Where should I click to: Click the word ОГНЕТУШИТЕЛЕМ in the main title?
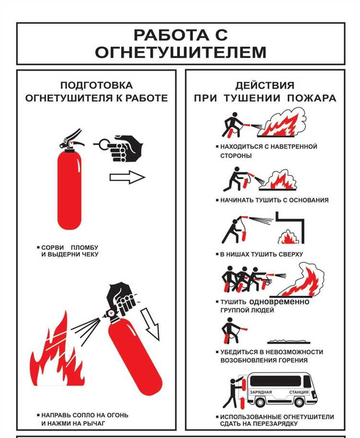pos(180,52)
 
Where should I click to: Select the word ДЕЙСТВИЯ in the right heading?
pos(264,85)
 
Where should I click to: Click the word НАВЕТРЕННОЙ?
pos(290,146)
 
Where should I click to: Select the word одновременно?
pos(279,302)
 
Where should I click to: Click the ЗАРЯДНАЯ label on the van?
pos(261,392)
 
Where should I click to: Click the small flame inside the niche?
pos(288,237)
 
